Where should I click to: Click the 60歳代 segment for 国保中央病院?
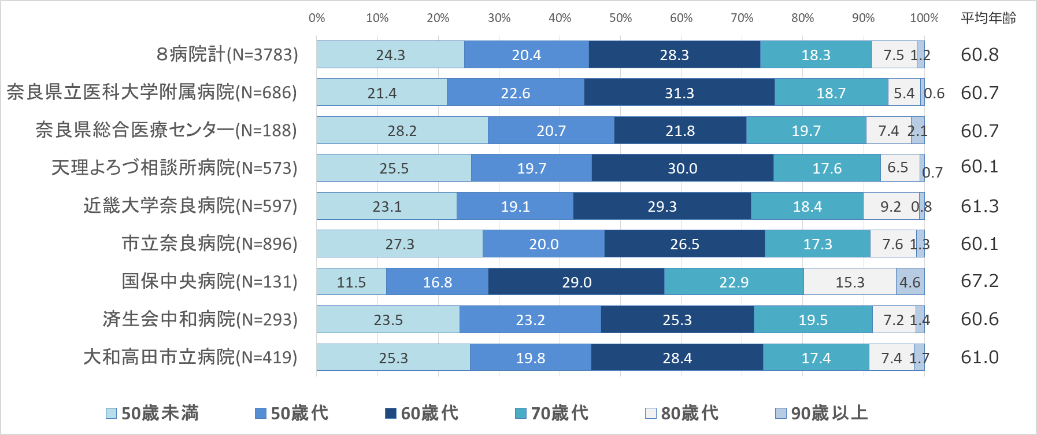[x=576, y=282]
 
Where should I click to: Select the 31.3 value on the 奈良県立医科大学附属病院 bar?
[x=679, y=93]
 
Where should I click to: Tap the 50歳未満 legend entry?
[x=153, y=413]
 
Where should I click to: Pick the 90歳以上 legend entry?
[x=822, y=413]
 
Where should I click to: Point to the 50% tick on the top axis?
[x=620, y=18]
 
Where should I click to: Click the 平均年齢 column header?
[x=988, y=18]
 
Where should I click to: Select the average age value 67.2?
[x=979, y=281]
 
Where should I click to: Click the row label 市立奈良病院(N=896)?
[x=209, y=244]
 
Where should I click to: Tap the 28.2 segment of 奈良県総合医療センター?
[x=402, y=130]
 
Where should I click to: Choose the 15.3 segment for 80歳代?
[x=850, y=282]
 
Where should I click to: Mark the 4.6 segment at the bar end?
[x=910, y=282]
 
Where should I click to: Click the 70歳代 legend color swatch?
[x=521, y=413]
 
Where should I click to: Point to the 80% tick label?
[x=802, y=18]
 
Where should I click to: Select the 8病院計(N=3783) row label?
[x=227, y=54]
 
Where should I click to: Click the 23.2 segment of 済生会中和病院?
[x=530, y=319]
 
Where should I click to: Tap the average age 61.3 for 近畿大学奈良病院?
[x=979, y=206]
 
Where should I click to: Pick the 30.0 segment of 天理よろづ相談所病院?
[x=682, y=168]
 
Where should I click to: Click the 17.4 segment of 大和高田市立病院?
[x=816, y=357]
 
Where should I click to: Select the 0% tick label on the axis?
[x=317, y=18]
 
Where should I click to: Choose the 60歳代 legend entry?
[x=422, y=413]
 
